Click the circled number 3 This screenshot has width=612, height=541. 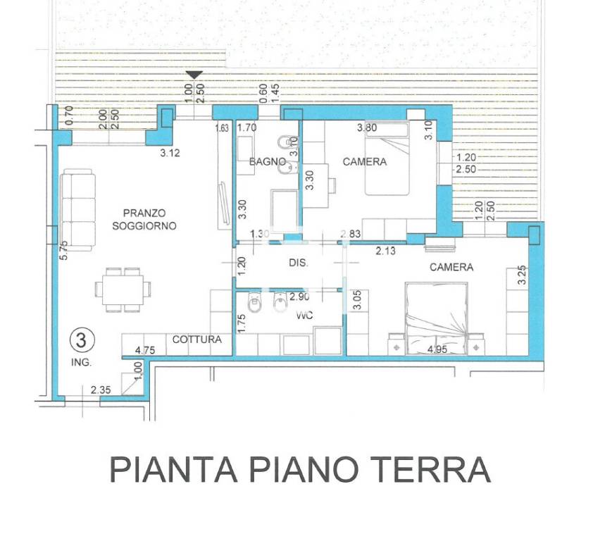82,341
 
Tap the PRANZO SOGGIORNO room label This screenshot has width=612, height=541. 144,219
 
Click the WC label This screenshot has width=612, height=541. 304,316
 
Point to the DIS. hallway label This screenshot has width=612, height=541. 299,263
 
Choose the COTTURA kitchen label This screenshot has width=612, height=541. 197,340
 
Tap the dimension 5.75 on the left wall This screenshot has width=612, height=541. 64,251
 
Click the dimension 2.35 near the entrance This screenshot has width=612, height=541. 101,389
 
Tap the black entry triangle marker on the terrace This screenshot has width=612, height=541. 194,75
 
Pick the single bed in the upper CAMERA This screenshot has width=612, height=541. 387,158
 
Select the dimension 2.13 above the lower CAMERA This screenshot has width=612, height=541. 385,251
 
